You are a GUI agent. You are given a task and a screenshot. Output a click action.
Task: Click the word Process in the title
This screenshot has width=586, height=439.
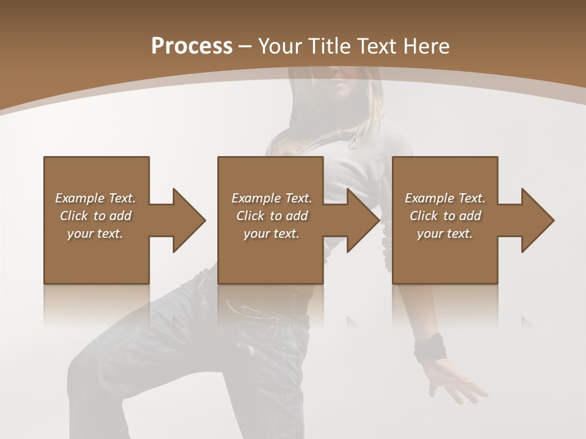point(192,46)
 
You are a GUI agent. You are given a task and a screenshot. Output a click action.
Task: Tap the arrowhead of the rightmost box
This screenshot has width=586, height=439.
point(537,220)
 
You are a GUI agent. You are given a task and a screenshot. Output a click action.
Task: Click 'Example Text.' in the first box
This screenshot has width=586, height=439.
point(95,198)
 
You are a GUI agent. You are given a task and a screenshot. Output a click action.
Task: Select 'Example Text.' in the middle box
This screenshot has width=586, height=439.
point(272,198)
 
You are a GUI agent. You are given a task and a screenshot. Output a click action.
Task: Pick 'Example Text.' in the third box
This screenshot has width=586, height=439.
point(445,198)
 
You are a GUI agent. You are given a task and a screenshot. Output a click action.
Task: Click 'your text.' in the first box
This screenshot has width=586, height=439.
point(95,234)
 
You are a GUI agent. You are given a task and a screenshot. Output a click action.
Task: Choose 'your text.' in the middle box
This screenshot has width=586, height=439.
point(272,234)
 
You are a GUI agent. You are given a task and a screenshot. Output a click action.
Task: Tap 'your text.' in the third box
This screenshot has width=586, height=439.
point(445,234)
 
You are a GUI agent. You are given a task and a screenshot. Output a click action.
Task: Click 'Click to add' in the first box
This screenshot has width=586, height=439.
point(95,216)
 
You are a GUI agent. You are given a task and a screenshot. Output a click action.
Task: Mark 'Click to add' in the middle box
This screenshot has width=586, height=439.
point(272,216)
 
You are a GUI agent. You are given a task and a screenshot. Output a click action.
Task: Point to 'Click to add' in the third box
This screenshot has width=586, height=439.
point(445,216)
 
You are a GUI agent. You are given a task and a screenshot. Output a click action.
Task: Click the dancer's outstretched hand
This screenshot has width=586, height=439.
point(455,381)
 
